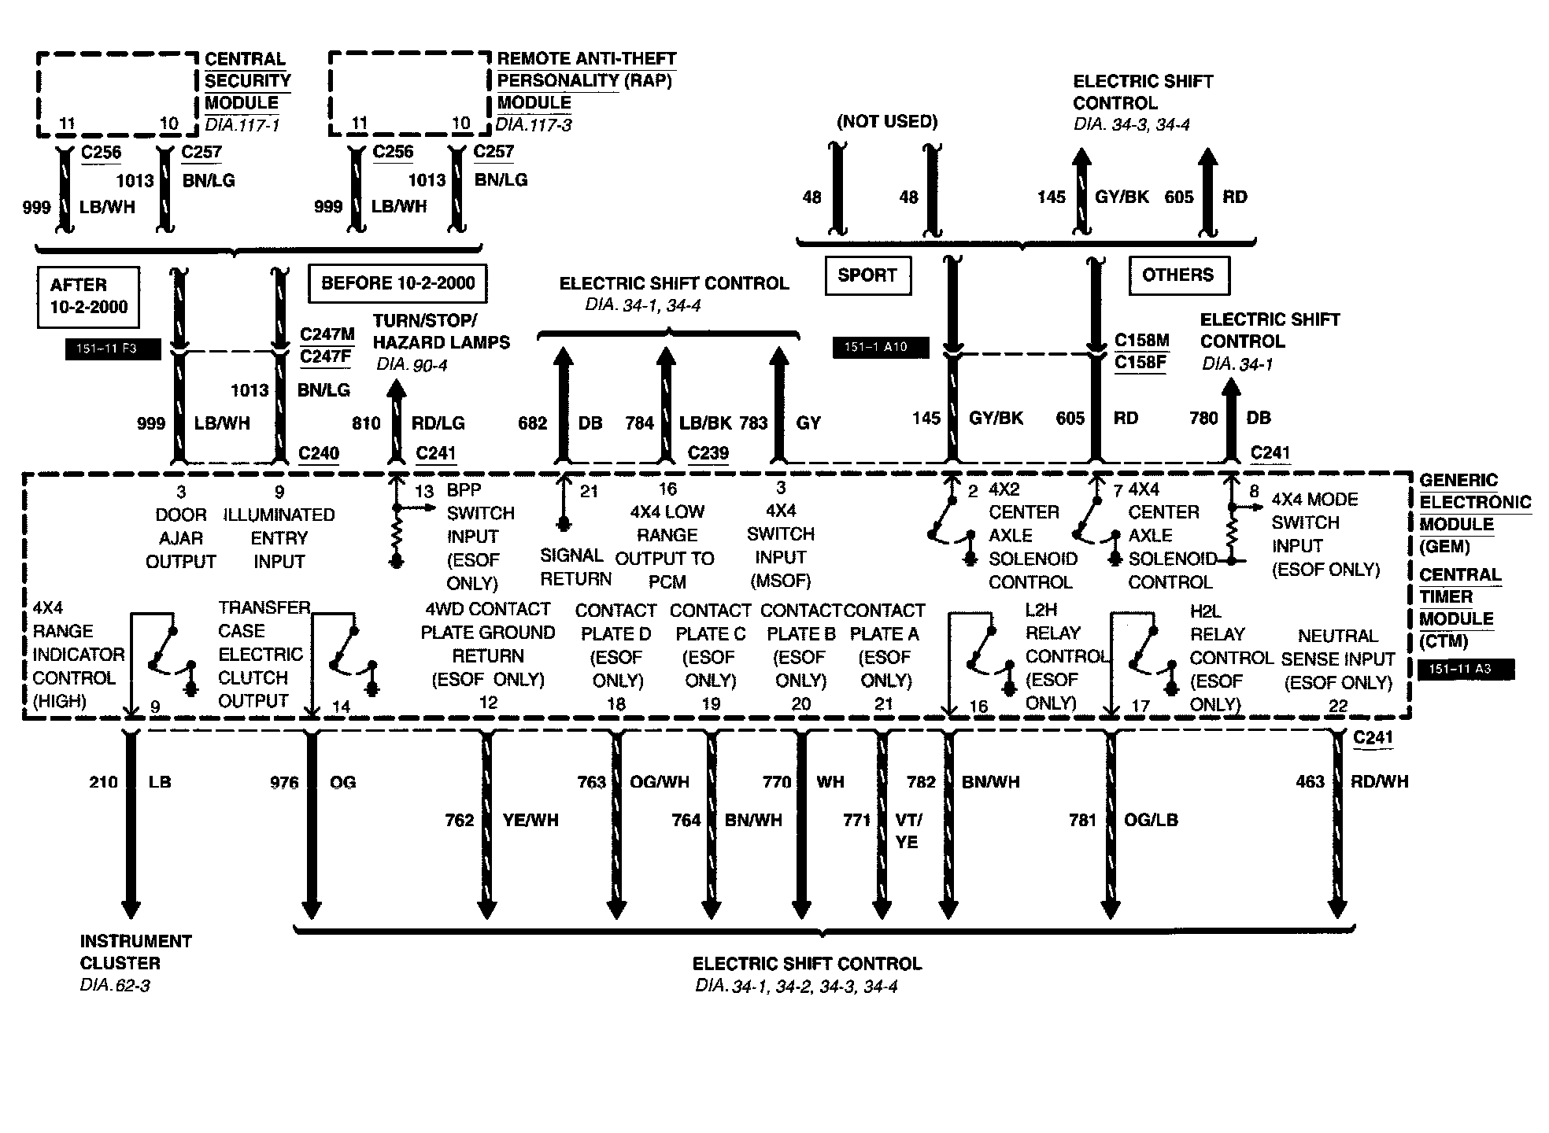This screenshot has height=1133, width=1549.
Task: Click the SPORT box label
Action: [x=867, y=275]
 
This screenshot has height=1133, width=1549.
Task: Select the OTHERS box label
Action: [x=1178, y=275]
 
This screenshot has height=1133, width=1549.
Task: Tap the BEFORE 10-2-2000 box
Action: [x=398, y=283]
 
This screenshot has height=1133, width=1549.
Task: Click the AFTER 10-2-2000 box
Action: [x=88, y=297]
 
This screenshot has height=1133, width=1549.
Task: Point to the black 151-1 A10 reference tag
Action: [x=881, y=347]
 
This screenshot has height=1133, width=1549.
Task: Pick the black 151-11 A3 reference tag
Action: [x=1465, y=670]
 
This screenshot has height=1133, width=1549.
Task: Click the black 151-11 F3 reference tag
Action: [x=113, y=349]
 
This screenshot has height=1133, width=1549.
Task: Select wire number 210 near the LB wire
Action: [x=103, y=782]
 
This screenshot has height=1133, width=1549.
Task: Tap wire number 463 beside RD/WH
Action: [x=1311, y=782]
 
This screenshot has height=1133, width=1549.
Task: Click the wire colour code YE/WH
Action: [x=531, y=820]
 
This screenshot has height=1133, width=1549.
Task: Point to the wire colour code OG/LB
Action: [x=1151, y=820]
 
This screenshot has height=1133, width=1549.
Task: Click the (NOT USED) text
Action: [x=887, y=121]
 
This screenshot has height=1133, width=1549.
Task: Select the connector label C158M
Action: [x=1141, y=341]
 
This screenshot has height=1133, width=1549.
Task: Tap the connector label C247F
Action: [x=326, y=356]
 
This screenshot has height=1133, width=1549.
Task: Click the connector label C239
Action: [x=708, y=453]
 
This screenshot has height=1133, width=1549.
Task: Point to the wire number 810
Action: [x=366, y=423]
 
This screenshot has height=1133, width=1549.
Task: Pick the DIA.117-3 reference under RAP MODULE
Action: [x=534, y=124]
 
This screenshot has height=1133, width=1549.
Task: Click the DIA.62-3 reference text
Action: [x=115, y=986]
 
